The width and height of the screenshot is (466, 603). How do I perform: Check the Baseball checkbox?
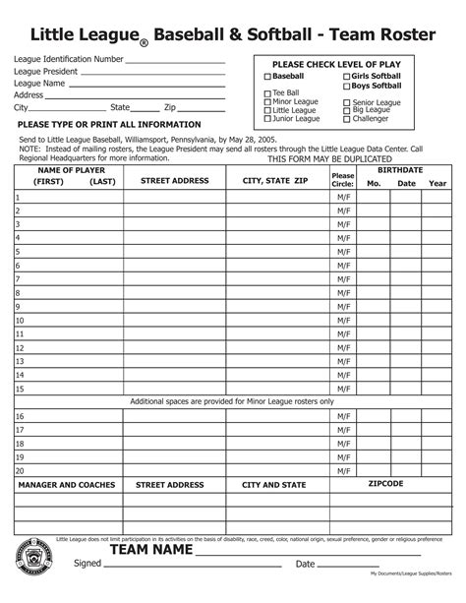[x=267, y=76]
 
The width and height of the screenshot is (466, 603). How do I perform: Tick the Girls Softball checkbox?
[x=346, y=76]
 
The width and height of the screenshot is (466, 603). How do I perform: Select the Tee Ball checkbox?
[x=267, y=93]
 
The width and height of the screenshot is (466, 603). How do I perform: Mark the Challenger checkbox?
[x=347, y=119]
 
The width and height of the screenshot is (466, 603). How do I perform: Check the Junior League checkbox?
[x=267, y=119]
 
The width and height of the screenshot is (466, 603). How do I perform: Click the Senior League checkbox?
[x=347, y=102]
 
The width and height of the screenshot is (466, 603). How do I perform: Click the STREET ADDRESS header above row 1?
[x=174, y=181]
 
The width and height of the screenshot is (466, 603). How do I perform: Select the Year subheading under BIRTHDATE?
[x=437, y=184]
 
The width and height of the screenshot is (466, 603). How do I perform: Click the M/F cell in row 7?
[x=343, y=278]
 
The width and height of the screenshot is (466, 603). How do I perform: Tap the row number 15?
[x=19, y=388]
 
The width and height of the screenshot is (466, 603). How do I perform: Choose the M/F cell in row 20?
[x=343, y=470]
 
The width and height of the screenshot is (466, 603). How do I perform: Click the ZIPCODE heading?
[x=385, y=484]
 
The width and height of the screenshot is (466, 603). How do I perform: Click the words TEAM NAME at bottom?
[x=148, y=550]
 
